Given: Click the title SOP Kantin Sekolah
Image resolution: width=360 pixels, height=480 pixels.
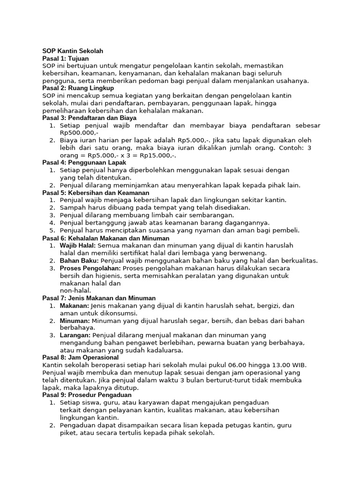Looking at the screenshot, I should [73, 51].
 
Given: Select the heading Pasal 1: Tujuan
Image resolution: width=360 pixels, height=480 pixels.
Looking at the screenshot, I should [65, 58].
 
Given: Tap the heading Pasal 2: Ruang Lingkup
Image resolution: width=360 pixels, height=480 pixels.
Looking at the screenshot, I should [78, 88].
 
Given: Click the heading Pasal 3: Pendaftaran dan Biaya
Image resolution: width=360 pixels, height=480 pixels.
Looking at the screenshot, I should [89, 118].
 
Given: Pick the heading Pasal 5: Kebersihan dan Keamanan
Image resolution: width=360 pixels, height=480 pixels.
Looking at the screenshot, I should [96, 193].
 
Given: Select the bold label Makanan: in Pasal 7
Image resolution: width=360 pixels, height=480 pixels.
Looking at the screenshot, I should [75, 306].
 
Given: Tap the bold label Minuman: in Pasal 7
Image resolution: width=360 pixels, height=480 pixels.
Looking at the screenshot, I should [75, 321].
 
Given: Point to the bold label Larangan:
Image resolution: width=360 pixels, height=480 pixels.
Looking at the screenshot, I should [75, 336].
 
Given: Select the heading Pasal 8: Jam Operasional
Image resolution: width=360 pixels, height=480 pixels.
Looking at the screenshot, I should [80, 357].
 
